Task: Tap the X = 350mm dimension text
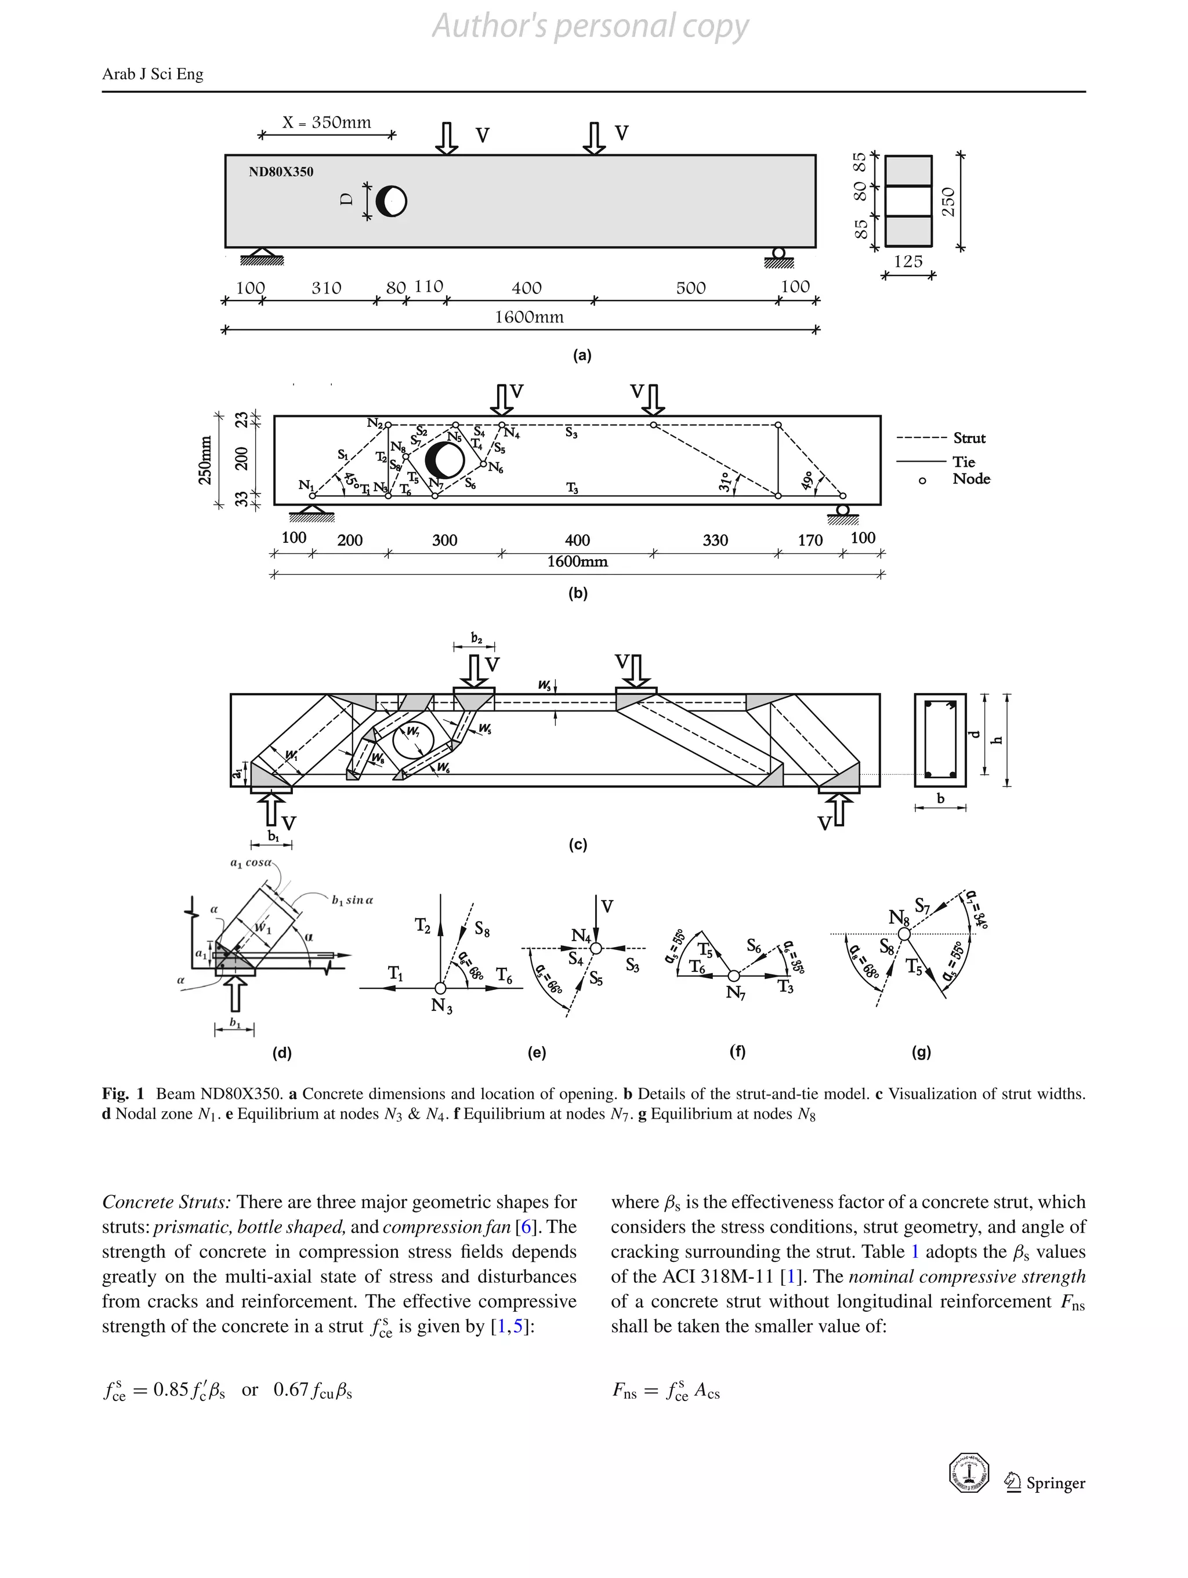click(327, 123)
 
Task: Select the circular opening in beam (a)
click(391, 201)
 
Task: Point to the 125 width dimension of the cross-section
click(908, 262)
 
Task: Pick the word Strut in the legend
click(969, 438)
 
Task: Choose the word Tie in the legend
click(964, 462)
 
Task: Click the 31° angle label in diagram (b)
click(725, 483)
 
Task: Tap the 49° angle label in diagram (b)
click(807, 481)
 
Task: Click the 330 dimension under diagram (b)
click(715, 540)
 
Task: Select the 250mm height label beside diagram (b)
click(205, 460)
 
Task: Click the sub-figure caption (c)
click(577, 844)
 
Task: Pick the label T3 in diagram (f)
click(785, 987)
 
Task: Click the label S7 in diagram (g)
click(922, 906)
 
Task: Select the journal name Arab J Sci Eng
click(153, 74)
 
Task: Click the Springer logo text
click(1055, 1483)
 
